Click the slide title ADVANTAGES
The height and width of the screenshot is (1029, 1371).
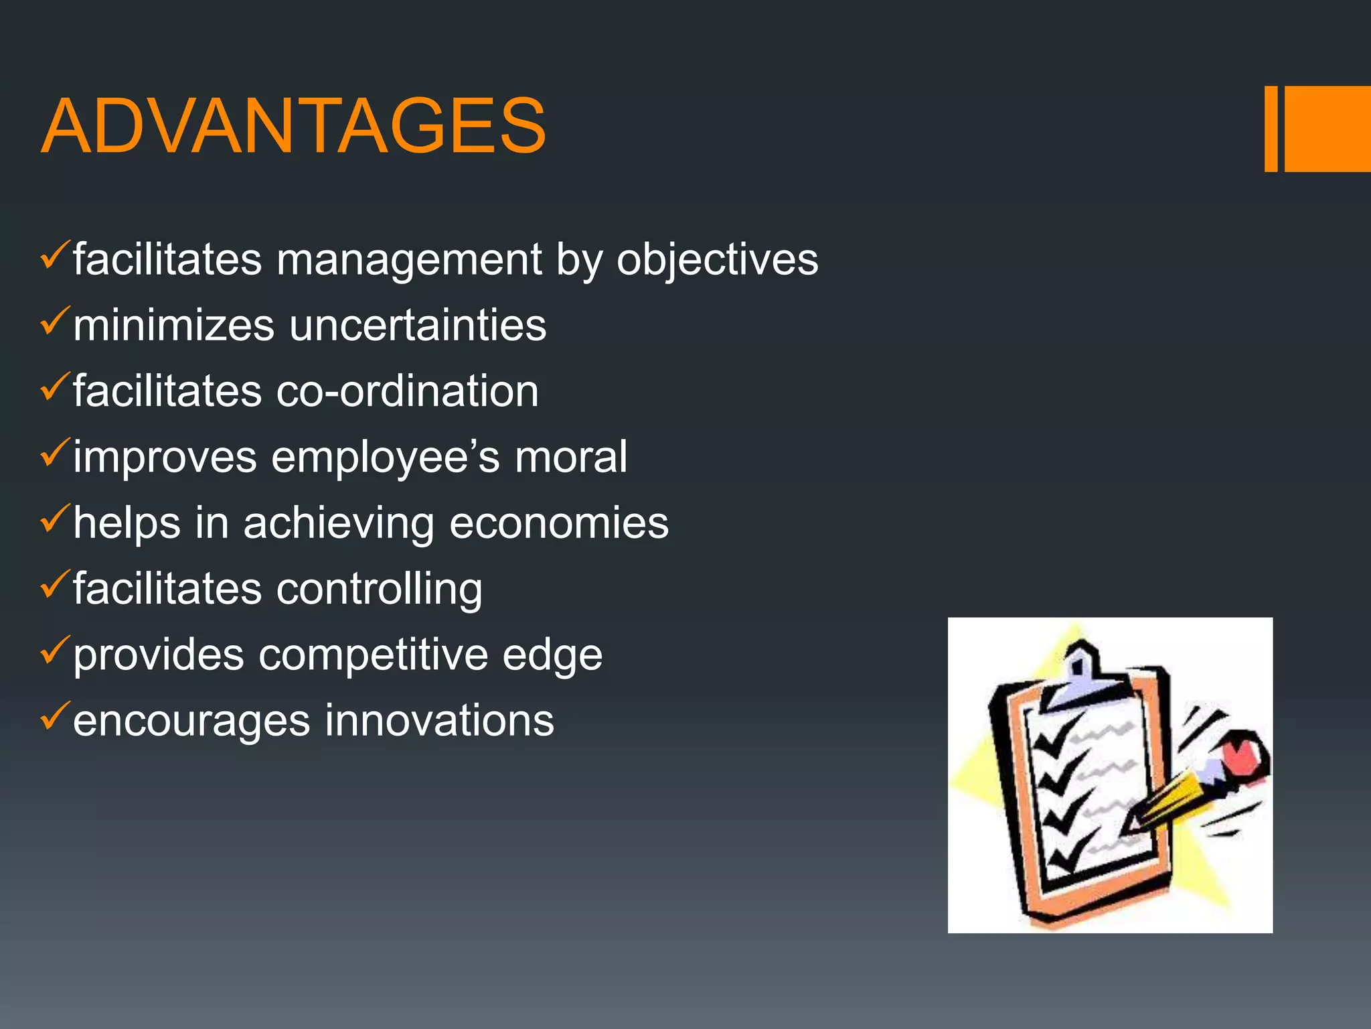click(x=293, y=126)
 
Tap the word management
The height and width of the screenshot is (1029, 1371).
click(x=408, y=260)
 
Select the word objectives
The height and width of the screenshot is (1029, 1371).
click(x=717, y=260)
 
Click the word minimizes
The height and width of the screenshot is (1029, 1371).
click(x=173, y=326)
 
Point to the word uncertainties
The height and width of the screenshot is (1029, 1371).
click(x=418, y=326)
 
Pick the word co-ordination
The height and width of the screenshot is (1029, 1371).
click(x=407, y=391)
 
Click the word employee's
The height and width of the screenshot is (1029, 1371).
click(x=386, y=458)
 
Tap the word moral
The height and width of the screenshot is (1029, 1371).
click(x=570, y=458)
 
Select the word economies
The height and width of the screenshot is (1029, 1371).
click(x=559, y=523)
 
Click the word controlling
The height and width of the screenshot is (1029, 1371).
click(x=379, y=590)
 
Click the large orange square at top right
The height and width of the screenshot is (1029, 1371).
click(x=1327, y=129)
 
